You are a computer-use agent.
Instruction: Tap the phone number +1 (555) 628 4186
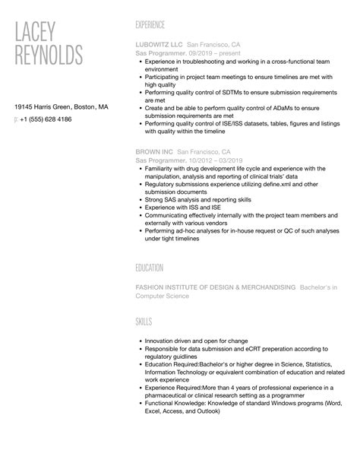tap(46, 119)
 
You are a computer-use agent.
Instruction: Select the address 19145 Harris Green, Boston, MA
tap(62, 107)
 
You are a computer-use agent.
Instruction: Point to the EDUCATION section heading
tap(150, 268)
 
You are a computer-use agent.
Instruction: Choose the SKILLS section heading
tap(144, 323)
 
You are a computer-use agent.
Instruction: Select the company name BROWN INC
tap(152, 153)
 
